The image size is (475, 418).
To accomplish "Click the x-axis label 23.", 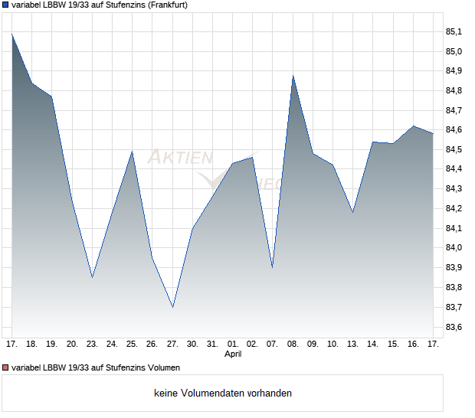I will tap(92, 345).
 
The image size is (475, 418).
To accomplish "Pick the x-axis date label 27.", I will tap(172, 345).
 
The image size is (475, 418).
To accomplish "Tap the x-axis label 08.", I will tap(293, 345).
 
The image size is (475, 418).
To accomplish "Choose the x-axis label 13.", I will tap(352, 345).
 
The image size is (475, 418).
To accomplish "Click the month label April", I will tap(233, 354).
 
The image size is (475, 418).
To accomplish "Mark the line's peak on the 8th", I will tap(293, 76).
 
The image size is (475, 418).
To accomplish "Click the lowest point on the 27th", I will tap(172, 307).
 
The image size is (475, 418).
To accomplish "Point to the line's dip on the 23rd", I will tap(92, 277).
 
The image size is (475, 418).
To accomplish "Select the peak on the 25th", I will tap(133, 151).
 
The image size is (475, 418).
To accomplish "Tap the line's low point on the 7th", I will tap(273, 267).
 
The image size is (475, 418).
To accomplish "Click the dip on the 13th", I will tap(352, 211).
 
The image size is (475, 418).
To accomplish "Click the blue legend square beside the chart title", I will tap(5, 5).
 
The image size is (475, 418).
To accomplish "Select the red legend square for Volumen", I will tap(5, 367).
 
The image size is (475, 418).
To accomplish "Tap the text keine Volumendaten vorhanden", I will tap(223, 394).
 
